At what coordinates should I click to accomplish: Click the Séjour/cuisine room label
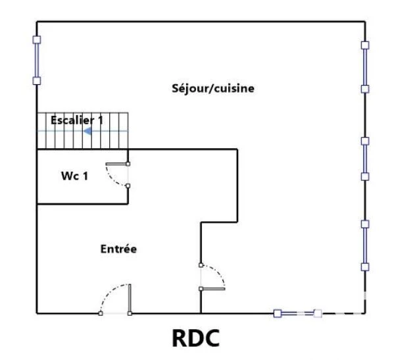pyautogui.click(x=213, y=88)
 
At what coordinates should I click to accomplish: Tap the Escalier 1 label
pyautogui.click(x=77, y=120)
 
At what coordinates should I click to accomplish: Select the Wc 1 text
pyautogui.click(x=74, y=176)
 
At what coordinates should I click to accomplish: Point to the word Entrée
pyautogui.click(x=118, y=249)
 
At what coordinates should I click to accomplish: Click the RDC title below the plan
pyautogui.click(x=196, y=338)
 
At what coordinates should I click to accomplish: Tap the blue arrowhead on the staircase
pyautogui.click(x=87, y=131)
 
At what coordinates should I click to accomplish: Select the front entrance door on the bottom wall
pyautogui.click(x=115, y=299)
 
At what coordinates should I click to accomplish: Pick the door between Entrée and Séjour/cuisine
pyautogui.click(x=212, y=277)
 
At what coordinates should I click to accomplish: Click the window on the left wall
pyautogui.click(x=37, y=61)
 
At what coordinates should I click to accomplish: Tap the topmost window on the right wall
pyautogui.click(x=365, y=67)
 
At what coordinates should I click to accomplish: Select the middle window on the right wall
pyautogui.click(x=365, y=159)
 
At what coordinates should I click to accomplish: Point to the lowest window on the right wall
pyautogui.click(x=365, y=245)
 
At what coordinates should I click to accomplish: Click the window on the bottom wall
pyautogui.click(x=298, y=313)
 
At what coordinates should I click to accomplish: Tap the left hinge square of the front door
pyautogui.click(x=101, y=313)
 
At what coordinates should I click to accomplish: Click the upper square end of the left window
pyautogui.click(x=37, y=39)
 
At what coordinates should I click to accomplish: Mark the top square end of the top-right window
pyautogui.click(x=365, y=45)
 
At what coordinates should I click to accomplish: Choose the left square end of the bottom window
pyautogui.click(x=278, y=313)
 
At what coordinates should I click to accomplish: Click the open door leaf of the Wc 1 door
pyautogui.click(x=116, y=164)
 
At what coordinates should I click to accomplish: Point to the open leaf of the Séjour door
pyautogui.click(x=213, y=289)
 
